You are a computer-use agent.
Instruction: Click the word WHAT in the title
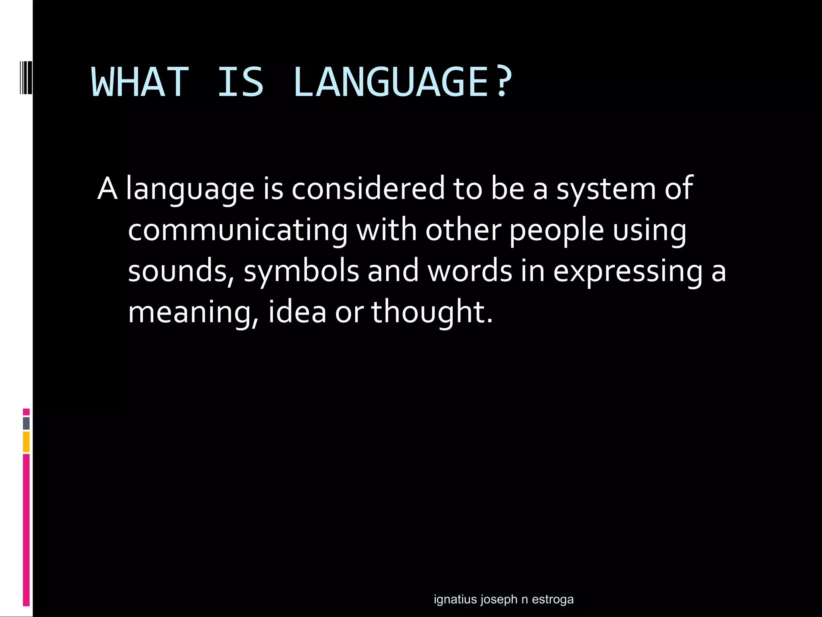140,83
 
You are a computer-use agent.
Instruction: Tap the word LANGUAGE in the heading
390,83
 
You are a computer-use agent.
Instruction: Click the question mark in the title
503,82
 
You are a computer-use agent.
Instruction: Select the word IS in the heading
240,83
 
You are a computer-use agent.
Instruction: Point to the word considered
368,188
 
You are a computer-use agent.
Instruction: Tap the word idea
297,312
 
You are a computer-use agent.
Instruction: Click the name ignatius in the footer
455,599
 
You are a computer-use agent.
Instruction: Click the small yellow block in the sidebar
26,442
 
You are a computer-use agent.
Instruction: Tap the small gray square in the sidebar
26,423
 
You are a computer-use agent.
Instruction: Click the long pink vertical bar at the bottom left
26,530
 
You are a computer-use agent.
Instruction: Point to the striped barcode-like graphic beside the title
26,78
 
